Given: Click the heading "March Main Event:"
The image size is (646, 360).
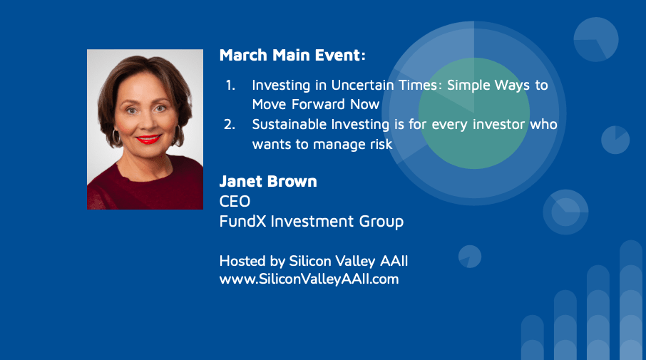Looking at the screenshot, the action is point(292,55).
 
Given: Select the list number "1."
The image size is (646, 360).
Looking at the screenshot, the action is point(230,86).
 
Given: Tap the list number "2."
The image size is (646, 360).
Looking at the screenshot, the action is point(230,124).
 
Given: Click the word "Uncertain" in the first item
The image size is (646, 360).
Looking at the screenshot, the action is point(362,86).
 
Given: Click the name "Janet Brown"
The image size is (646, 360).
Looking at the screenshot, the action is point(268,181).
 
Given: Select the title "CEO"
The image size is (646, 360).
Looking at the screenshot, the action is point(235,202).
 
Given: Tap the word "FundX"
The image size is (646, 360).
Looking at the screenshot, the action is point(243,222).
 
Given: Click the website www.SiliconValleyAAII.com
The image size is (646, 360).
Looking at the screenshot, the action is point(309,279).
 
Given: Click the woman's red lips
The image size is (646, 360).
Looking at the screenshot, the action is point(148,139).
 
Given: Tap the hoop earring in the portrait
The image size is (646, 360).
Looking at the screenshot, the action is point(116,137).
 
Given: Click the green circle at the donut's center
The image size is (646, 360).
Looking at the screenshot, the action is point(473,113).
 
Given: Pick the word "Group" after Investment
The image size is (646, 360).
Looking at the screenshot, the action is point(381,222).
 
